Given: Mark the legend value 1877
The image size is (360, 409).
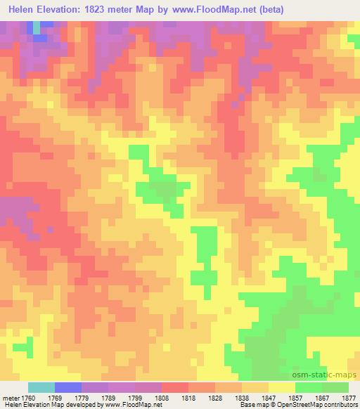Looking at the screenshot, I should coord(349,398).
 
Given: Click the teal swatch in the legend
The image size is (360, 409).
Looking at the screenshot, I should coord(41,387).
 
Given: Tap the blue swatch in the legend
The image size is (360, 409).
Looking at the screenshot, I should coord(68,387).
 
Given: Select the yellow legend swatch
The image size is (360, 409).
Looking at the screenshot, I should coord(282,387).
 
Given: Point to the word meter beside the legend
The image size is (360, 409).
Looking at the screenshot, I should coord(11,398).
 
